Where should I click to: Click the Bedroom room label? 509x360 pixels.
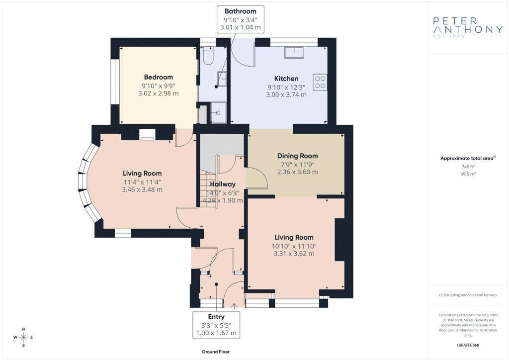[x=159, y=77]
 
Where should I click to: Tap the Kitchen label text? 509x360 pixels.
[x=286, y=79]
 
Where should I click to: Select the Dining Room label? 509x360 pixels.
[x=297, y=156]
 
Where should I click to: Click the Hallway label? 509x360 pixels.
[x=222, y=184]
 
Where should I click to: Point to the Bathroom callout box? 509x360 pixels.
[x=241, y=19]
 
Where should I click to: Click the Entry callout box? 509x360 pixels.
[x=216, y=325]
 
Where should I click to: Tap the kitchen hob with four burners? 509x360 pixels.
[x=320, y=82]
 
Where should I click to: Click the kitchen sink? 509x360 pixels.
[x=294, y=53]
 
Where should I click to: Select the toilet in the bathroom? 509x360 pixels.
[x=208, y=56]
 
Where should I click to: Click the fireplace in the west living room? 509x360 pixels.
[x=147, y=134]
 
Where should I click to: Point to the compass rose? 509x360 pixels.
[x=23, y=337]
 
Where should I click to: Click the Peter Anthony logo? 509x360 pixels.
[x=468, y=27]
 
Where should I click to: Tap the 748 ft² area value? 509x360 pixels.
[x=468, y=167]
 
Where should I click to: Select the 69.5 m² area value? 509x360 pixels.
[x=468, y=174]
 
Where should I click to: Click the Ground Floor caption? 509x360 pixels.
[x=216, y=352]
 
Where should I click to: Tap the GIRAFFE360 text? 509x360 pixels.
[x=468, y=345]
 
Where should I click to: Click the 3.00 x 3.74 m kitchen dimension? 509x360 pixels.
[x=286, y=95]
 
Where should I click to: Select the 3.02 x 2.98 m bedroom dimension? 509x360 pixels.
[x=159, y=93]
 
